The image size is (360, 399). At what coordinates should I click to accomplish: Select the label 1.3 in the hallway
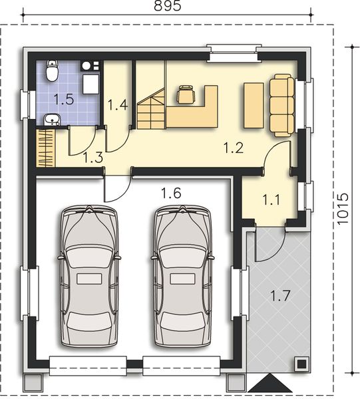(x=92, y=158)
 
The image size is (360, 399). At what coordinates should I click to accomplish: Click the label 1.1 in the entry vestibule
(x=270, y=198)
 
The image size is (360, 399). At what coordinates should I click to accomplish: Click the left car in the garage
(x=90, y=276)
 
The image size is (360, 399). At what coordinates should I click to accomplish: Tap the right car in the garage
(x=183, y=276)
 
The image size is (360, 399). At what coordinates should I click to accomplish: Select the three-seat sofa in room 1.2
(x=282, y=105)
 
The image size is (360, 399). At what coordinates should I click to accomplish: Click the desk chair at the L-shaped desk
(x=186, y=96)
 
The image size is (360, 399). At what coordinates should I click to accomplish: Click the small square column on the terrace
(x=301, y=363)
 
